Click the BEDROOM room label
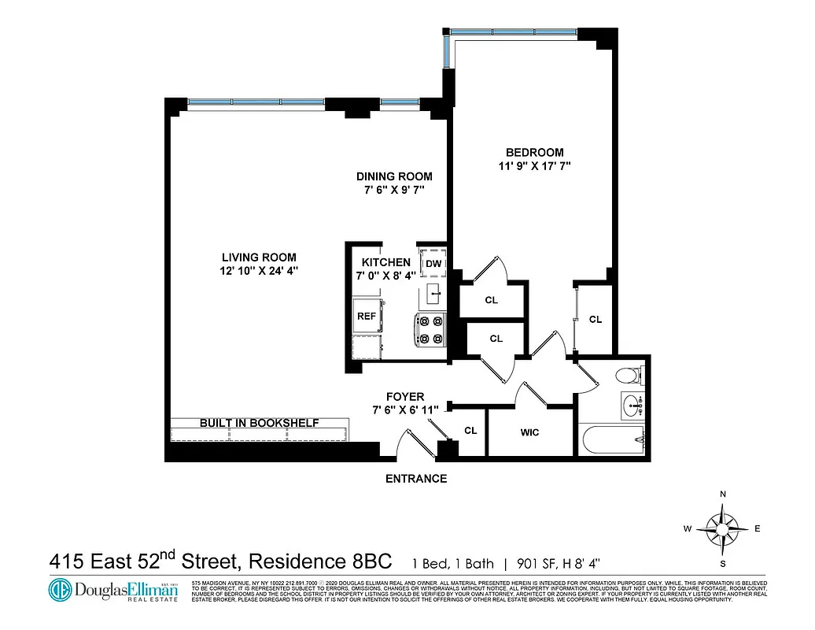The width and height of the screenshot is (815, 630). (x=534, y=152)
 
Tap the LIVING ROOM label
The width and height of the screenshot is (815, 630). (x=258, y=258)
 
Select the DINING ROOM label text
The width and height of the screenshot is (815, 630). (x=394, y=176)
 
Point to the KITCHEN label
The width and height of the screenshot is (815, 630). (x=385, y=262)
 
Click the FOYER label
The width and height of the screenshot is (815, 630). (x=405, y=397)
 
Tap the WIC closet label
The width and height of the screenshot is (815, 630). (x=529, y=432)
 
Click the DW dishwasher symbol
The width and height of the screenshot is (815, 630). (x=433, y=263)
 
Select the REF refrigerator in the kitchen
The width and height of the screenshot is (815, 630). (x=367, y=316)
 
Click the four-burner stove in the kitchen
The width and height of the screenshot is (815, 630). (x=430, y=330)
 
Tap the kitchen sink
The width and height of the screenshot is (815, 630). (x=433, y=295)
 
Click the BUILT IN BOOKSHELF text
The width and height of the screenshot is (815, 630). (x=259, y=423)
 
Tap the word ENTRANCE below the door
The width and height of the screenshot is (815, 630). (x=415, y=479)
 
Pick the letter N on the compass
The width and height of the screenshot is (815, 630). (x=722, y=494)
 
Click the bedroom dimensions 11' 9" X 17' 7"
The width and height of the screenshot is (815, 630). (x=534, y=166)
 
